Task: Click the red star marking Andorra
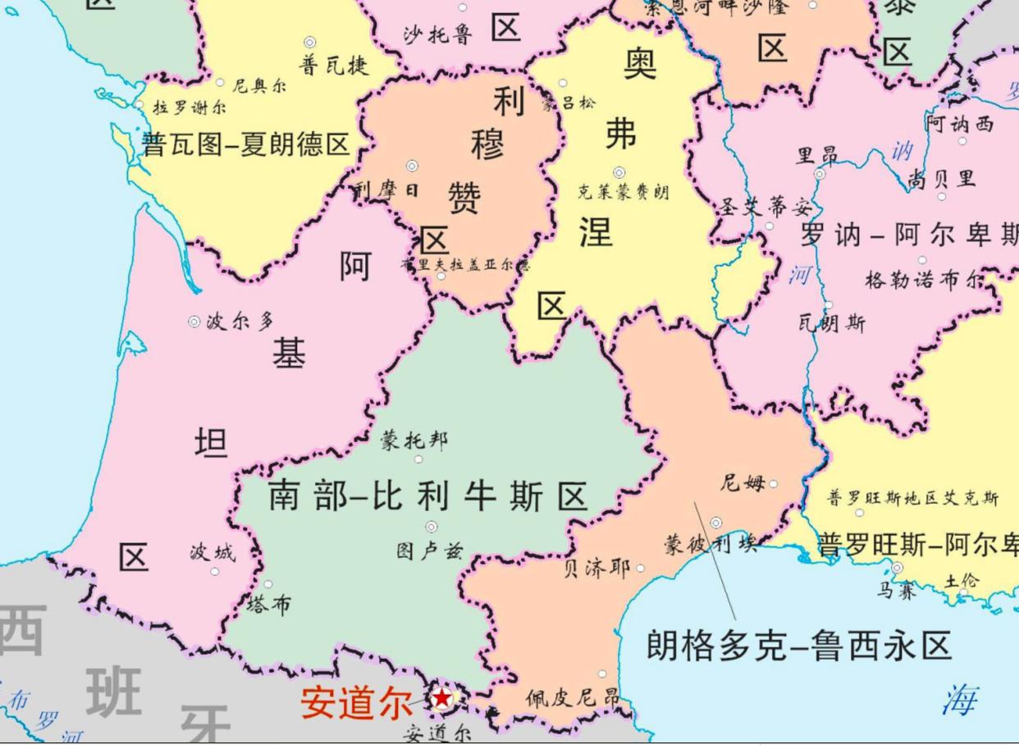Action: pos(442,698)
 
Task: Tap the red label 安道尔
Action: pos(356,703)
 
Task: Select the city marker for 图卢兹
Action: pos(431,527)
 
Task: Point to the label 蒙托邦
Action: pos(414,441)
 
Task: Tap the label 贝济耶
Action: pos(596,569)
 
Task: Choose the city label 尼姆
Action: pos(743,483)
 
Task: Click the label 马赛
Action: pos(896,590)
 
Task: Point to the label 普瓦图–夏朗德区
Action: pos(246,145)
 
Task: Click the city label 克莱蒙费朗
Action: pos(623,192)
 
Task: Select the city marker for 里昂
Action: pos(819,174)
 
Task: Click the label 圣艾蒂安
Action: pos(765,207)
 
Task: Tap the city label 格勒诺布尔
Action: pos(923,280)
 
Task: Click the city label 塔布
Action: pos(268,605)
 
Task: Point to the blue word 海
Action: pos(959,700)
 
